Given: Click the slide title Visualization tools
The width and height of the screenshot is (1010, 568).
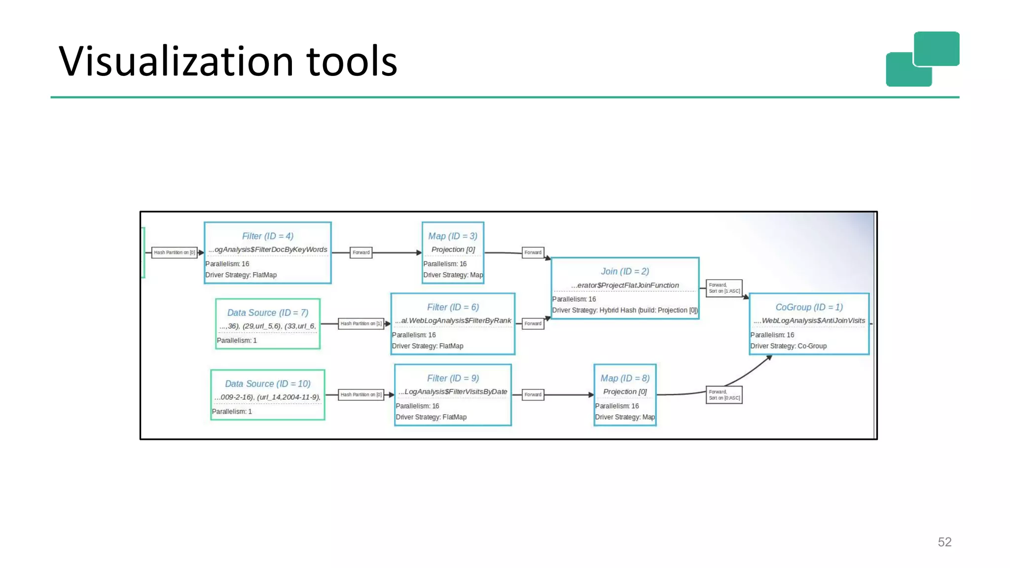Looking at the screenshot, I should coord(228,61).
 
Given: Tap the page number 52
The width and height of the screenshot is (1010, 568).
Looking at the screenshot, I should coord(944,542).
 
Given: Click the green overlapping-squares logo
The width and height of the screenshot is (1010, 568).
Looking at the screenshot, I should coord(922,59).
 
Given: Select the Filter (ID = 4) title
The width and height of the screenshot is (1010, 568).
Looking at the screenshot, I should coord(267,236).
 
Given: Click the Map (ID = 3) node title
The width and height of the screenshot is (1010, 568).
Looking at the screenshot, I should coord(452,236).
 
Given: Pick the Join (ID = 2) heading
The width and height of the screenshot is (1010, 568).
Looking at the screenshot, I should coord(624,271).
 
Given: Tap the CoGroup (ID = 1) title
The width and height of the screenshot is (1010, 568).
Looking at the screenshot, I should coord(809,307).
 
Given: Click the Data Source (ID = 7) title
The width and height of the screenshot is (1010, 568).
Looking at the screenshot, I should coord(267,313).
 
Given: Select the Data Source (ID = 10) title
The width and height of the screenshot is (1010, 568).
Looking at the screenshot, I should coord(267,384).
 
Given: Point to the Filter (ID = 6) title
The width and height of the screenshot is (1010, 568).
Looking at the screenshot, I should coord(452,307).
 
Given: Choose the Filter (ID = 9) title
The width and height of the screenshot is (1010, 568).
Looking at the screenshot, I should coord(452,378).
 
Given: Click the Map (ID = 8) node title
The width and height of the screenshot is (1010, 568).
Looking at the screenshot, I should coord(624,378).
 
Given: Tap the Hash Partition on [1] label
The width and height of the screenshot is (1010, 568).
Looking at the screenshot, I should coord(361,323).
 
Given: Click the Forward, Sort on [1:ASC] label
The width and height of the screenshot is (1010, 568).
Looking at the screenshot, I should coord(724,288).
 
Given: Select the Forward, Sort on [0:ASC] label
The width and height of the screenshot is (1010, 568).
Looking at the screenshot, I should coord(724,395).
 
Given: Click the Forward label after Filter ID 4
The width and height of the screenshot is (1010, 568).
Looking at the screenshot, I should coord(361,252).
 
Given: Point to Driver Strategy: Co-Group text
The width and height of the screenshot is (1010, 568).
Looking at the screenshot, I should coord(788,346).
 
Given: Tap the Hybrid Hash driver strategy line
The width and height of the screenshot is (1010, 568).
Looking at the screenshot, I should coord(624,310).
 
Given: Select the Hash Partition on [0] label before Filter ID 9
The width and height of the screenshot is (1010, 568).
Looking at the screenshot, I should coord(361,394).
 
